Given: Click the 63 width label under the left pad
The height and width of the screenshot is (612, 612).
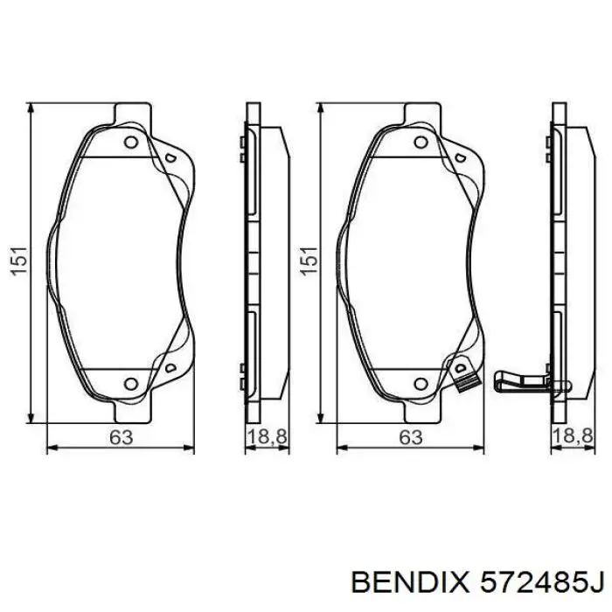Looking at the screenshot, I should (121, 438).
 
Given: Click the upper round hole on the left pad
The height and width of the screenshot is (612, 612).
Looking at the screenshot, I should (131, 143).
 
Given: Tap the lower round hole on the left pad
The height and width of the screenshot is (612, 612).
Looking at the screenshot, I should (131, 382).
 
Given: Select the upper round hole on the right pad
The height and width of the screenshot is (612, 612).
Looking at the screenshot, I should (421, 143).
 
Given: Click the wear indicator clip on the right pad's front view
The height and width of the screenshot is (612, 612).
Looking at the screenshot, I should (464, 377).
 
